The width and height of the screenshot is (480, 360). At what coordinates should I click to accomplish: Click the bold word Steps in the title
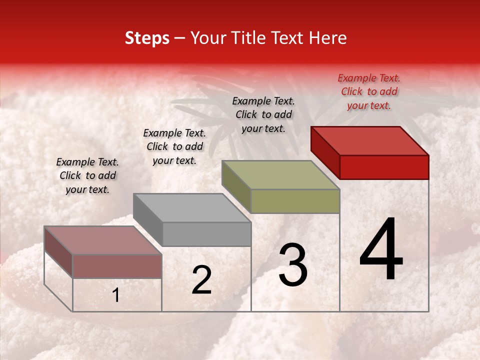click(147, 38)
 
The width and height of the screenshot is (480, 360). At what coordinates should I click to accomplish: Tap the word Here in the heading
click(327, 38)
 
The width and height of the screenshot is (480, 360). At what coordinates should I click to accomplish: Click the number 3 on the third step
click(293, 265)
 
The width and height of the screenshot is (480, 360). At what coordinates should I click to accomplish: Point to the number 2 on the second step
click(201, 280)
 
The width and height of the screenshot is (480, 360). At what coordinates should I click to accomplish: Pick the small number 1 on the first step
click(116, 295)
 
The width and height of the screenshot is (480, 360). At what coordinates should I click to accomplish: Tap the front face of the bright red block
click(384, 167)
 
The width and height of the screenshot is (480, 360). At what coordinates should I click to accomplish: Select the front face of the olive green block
click(295, 201)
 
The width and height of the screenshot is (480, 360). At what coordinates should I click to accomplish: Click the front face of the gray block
click(206, 234)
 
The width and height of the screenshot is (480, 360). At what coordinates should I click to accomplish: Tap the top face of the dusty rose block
click(103, 240)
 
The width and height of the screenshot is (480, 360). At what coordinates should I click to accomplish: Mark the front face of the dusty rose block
click(117, 266)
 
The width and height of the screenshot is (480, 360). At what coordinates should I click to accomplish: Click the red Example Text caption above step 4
click(369, 91)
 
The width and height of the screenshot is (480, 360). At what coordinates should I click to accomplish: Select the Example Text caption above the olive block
click(263, 114)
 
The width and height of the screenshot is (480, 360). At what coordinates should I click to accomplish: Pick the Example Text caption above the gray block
click(174, 146)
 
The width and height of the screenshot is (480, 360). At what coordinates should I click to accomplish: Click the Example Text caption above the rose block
click(87, 175)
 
